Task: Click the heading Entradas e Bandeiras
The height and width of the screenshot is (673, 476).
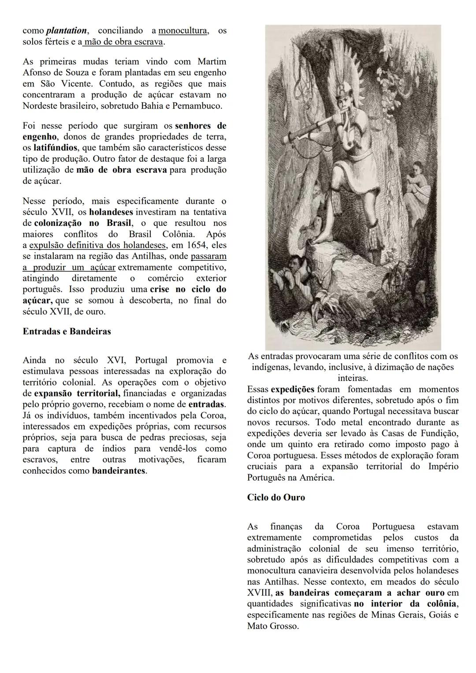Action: tap(67, 331)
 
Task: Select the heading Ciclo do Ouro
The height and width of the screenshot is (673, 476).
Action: tap(276, 497)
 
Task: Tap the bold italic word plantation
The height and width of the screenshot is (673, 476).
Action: tap(67, 30)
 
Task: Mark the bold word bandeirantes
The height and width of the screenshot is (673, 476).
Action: tap(119, 471)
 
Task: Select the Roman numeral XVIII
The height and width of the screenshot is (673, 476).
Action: tap(259, 593)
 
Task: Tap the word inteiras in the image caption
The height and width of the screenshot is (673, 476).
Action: tap(353, 378)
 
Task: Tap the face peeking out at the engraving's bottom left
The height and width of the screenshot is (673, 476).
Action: tap(291, 265)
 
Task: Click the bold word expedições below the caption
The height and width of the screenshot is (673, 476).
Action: tap(292, 389)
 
